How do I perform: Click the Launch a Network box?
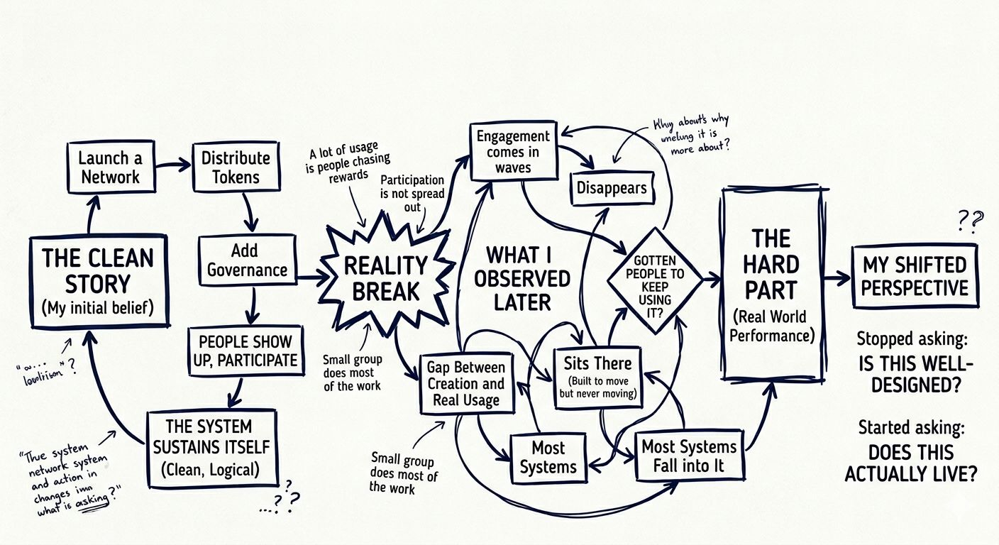(111, 167)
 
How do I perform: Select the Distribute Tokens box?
(236, 167)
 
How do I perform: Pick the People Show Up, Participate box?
(243, 351)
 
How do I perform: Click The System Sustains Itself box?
(211, 447)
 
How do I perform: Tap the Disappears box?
(611, 188)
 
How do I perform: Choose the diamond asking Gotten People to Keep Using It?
(654, 280)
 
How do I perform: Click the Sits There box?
(597, 377)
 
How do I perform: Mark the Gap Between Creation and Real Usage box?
(466, 384)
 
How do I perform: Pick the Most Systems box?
(548, 458)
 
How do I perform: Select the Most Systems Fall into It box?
(689, 456)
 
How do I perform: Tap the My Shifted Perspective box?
(914, 276)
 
